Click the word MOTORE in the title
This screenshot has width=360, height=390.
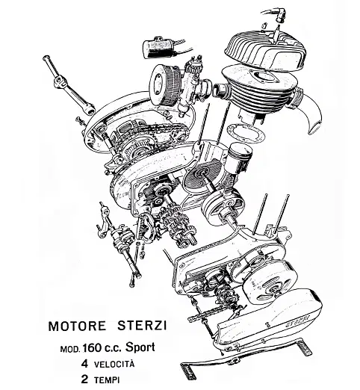77,326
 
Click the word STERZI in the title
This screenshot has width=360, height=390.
142,326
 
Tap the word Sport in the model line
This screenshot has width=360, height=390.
140,347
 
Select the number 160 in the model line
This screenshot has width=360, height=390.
92,348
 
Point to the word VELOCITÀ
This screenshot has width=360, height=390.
114,364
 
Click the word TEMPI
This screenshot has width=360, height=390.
107,380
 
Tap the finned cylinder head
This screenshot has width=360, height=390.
265,51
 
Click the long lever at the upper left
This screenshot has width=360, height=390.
68,84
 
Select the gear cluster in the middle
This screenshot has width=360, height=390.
178,226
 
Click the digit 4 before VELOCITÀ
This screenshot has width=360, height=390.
84,364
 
